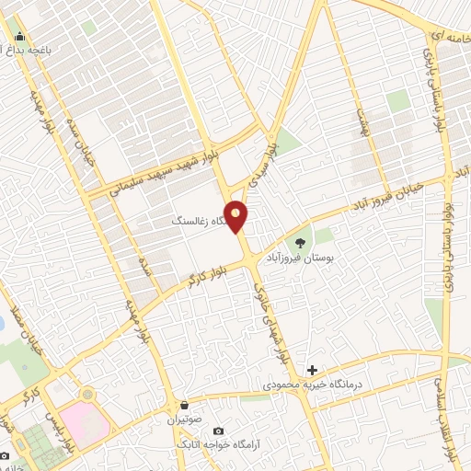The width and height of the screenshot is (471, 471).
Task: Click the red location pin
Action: pos(237,216)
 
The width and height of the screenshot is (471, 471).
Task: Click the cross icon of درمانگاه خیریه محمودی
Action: pos(312,370)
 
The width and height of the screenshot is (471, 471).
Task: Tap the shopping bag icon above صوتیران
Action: pos(185,405)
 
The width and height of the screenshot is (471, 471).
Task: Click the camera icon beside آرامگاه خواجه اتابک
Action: pos(218,431)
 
